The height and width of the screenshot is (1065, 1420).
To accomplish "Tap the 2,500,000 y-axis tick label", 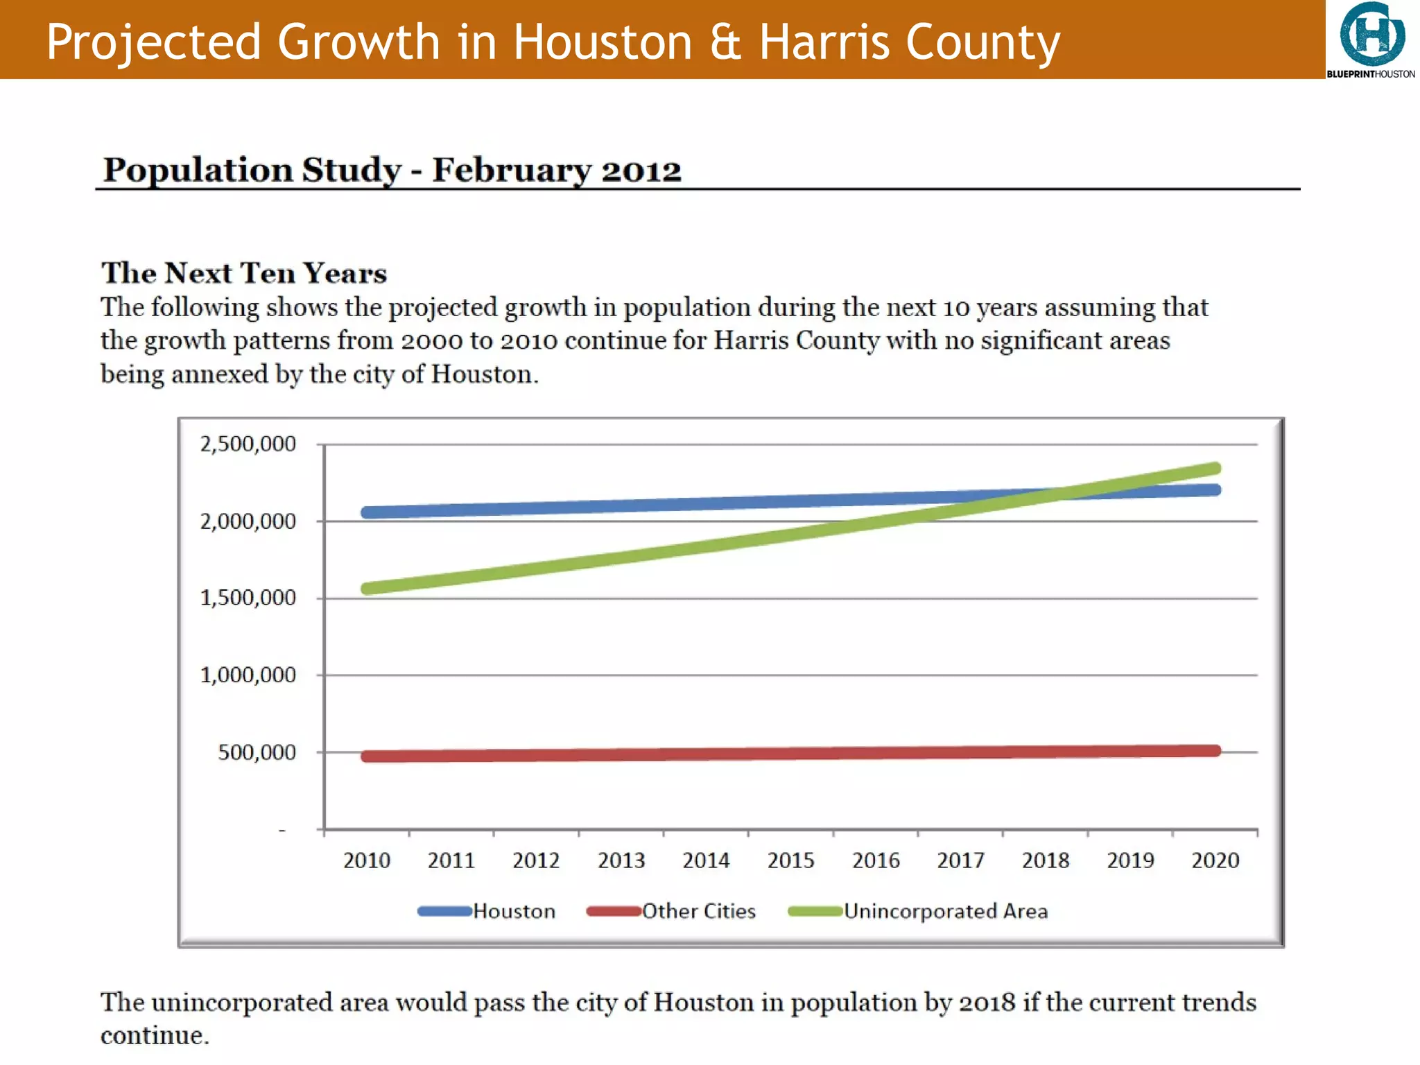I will coord(248,444).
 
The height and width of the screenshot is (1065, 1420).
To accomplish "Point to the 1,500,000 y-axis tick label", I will coord(248,598).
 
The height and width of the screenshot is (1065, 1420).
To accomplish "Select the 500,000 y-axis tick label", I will coord(257,752).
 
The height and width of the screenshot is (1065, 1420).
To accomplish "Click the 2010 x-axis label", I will coord(367,860).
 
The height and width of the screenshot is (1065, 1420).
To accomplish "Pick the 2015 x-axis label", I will coord(790,860).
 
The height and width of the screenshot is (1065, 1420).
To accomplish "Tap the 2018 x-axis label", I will coord(1046,860).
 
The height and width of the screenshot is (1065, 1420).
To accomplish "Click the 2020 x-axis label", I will coord(1215,860).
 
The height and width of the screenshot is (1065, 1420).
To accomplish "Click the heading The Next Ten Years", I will coord(244,273).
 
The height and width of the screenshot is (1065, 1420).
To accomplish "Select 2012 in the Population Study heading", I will coord(641,171).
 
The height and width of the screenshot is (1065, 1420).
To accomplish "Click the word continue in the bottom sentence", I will coord(154,1036).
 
